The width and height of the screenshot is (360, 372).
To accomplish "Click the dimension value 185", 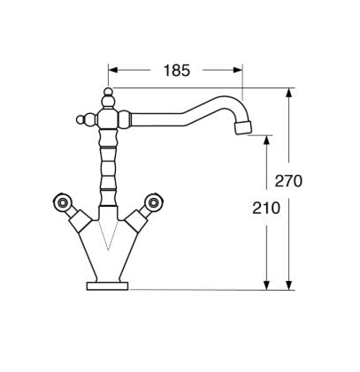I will coord(177,71).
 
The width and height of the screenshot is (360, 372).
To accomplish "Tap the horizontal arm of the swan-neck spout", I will coord(168,112).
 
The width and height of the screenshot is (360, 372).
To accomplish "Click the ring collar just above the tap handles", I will coord(108,187).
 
